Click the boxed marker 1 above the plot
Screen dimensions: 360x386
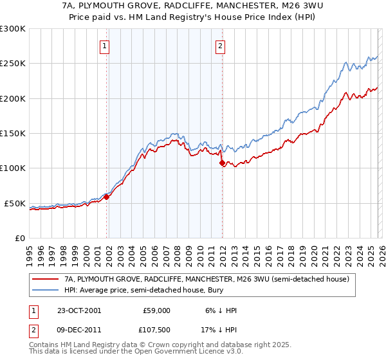click(x=104, y=46)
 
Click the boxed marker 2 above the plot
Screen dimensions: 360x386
click(x=220, y=46)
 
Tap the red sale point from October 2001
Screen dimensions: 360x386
click(x=107, y=197)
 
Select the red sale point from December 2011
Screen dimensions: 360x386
click(x=222, y=163)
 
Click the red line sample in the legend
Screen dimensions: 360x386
click(x=45, y=280)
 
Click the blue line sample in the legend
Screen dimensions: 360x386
click(x=45, y=291)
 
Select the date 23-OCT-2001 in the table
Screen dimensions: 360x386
click(x=76, y=310)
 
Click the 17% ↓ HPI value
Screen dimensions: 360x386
click(x=219, y=332)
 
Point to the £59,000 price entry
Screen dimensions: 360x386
click(x=156, y=310)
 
